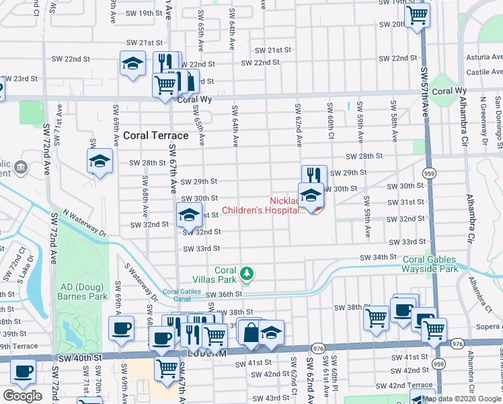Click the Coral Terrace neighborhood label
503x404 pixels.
155,135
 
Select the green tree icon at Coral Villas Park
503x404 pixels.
247,273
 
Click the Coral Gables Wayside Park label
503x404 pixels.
430,264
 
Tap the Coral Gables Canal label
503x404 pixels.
182,295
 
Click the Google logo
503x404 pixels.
22,396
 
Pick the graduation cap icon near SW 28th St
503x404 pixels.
100,162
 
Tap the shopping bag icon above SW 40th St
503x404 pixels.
250,333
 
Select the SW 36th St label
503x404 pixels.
223,294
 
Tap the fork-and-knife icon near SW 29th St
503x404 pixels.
313,175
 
